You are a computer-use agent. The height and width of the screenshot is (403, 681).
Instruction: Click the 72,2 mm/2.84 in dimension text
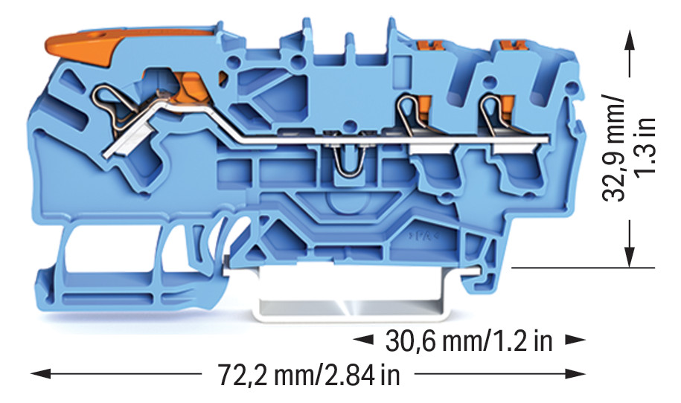point(309,375)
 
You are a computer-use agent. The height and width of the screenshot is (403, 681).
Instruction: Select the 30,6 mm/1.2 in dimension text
point(469,341)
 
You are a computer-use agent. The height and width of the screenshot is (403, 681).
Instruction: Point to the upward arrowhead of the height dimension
point(629,41)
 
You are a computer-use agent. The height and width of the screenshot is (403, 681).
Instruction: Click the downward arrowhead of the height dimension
point(629,257)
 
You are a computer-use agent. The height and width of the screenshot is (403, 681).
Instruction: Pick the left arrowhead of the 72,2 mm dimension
point(41,373)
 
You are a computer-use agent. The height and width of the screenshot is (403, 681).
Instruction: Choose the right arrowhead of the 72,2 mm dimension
point(574,373)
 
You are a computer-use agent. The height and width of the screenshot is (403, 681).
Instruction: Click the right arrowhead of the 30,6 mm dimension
point(574,340)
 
